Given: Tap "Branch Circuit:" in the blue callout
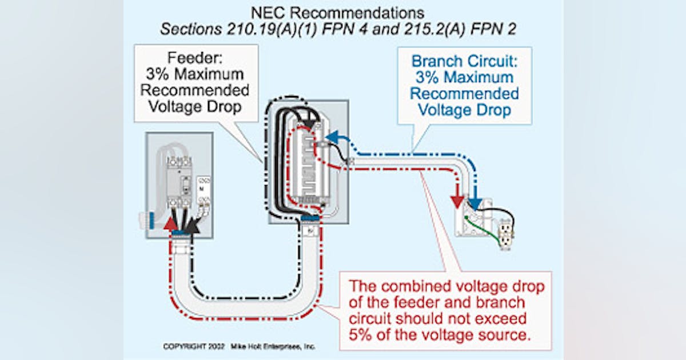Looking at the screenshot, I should pyautogui.click(x=464, y=61).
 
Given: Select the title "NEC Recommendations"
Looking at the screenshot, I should pyautogui.click(x=338, y=13).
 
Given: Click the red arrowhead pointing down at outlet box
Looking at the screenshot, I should pyautogui.click(x=457, y=202).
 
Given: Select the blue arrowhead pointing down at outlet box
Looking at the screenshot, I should pyautogui.click(x=475, y=201).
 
